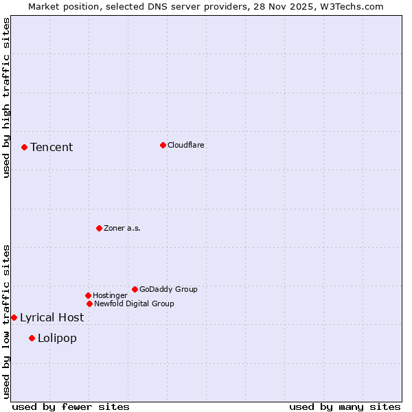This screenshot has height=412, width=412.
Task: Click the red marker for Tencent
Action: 24,147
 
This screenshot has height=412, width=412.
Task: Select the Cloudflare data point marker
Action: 163,145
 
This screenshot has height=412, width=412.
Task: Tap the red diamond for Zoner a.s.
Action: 99,228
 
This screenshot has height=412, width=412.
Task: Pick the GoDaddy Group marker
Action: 135,289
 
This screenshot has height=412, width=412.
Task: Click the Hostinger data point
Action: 88,295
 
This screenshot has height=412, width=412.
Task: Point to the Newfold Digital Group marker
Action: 89,304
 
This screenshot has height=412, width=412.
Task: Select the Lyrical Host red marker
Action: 14,317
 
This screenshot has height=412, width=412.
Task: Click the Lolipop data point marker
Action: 32,338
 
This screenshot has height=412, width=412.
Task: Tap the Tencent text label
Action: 51,147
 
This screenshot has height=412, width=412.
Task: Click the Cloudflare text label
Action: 186,145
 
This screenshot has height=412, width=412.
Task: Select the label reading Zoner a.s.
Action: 122,228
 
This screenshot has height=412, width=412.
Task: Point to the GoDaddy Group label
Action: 168,289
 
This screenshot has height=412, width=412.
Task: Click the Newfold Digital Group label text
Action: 134,304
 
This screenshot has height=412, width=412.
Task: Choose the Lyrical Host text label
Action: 51,317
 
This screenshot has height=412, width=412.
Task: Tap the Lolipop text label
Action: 57,338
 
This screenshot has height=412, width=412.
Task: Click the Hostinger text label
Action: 110,295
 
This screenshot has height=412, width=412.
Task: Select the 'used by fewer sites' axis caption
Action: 71,407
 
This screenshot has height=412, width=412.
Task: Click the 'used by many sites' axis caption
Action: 345,407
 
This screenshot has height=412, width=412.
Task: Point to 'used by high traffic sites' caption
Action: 7,98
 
